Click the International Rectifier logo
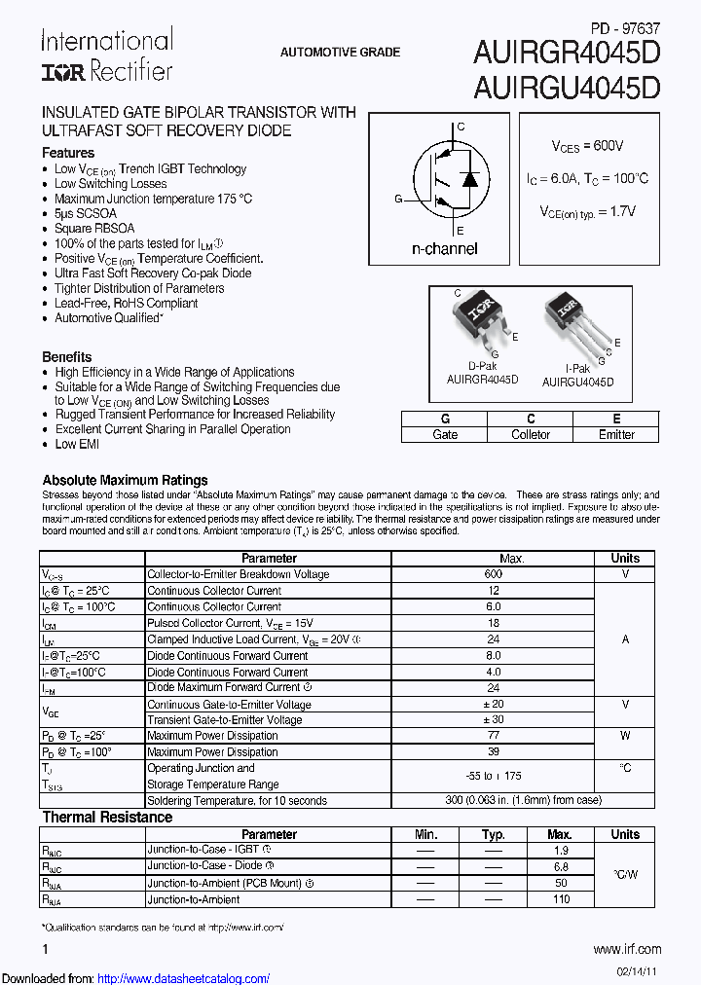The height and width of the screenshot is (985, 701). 106,55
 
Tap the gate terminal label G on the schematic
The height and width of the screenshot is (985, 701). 398,199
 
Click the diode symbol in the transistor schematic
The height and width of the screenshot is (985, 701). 470,179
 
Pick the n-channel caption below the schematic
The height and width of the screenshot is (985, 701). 444,249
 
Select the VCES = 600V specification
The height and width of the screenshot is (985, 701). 587,146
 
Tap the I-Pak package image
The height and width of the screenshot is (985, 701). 573,321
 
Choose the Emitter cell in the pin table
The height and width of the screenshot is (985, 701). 616,435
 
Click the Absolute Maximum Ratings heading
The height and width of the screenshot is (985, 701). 125,480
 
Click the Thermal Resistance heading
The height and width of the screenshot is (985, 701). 107,818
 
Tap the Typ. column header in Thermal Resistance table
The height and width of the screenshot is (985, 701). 493,834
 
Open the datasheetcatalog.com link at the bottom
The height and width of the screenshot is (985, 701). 184,978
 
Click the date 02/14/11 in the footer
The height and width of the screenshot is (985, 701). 637,972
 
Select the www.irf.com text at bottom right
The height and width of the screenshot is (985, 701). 627,949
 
